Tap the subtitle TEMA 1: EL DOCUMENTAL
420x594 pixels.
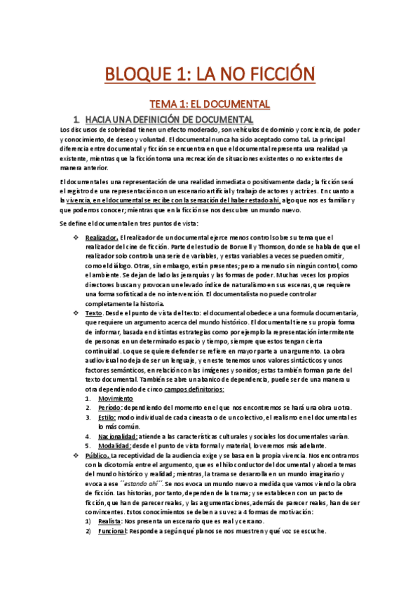(x=210, y=104)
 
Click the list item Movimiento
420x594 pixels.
(x=115, y=398)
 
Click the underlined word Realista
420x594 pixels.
(x=109, y=521)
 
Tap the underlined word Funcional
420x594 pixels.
(x=112, y=531)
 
